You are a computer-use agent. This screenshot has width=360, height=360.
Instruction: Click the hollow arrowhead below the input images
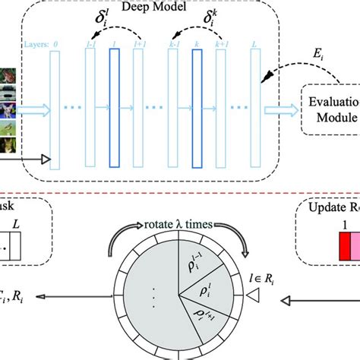(44, 159)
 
